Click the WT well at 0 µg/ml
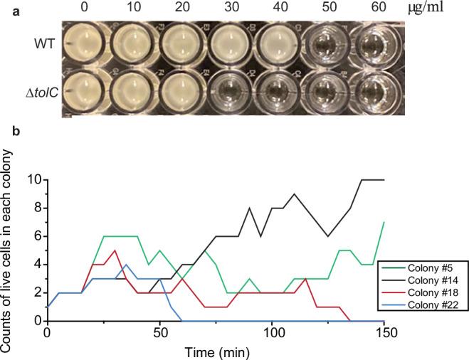coord(85,44)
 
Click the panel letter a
coord(5,7)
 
